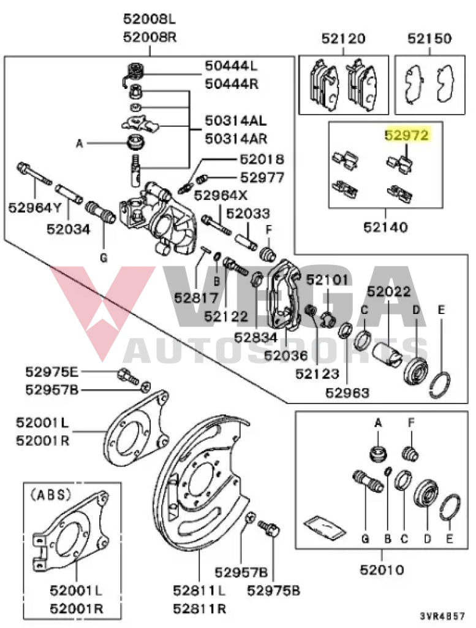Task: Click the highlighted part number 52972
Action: coord(406,134)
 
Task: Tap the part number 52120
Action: coord(343,39)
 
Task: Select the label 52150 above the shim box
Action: coord(429,39)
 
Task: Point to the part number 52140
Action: coord(385,228)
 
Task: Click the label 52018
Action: coord(262,160)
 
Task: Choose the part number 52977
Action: coord(262,178)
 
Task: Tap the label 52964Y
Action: coord(35,208)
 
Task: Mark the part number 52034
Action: coord(68,230)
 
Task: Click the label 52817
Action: coord(196,299)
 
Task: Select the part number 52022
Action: coord(389,293)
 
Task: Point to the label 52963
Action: coord(347,392)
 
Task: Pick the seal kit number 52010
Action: coord(382,569)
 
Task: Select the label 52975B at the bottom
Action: coord(273,590)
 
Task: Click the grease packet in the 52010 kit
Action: coord(321,526)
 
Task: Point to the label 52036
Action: coord(285,354)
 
